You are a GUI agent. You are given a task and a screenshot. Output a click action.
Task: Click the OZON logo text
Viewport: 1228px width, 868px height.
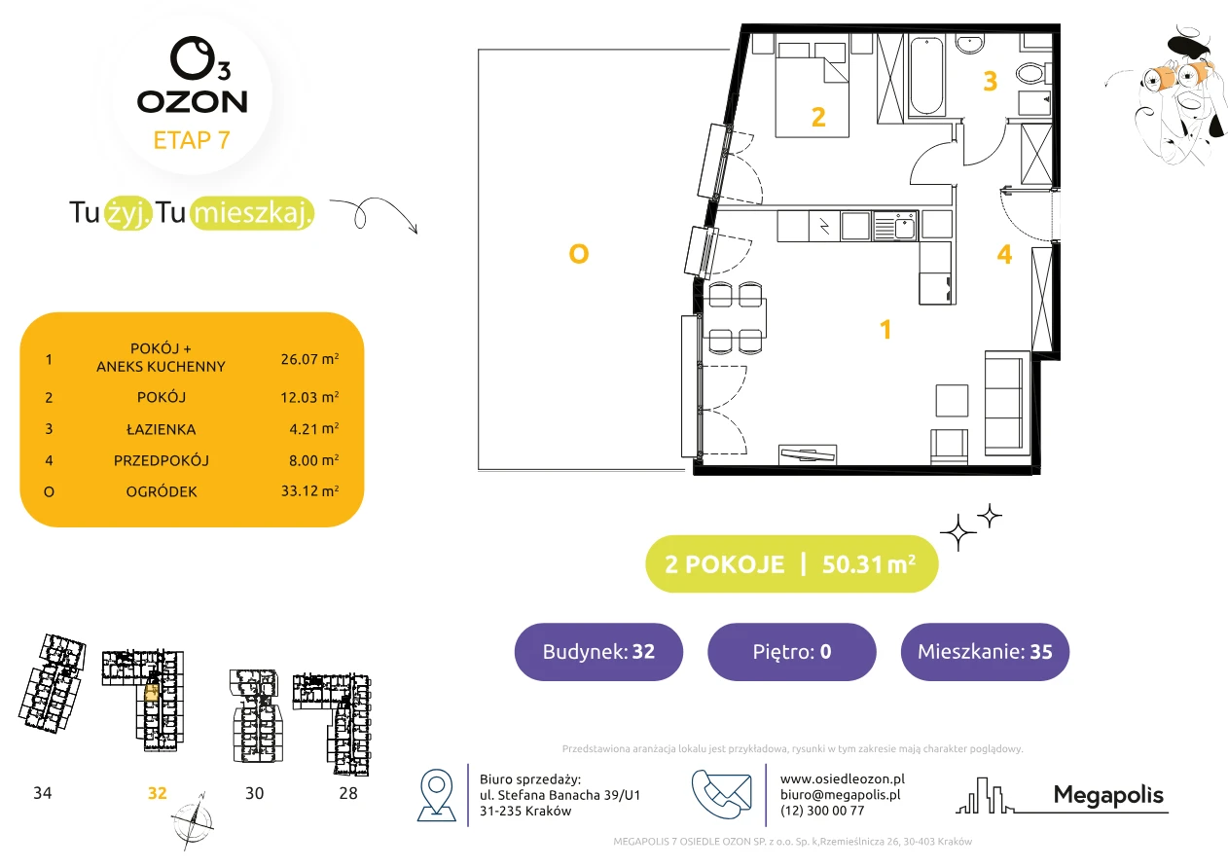click(x=192, y=102)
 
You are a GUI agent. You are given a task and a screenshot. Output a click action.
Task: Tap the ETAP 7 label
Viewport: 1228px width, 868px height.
click(x=192, y=140)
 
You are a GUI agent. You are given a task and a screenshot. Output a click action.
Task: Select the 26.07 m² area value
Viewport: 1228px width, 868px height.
click(x=309, y=359)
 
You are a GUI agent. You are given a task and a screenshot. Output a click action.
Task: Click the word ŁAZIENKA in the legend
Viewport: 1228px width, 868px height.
click(x=162, y=429)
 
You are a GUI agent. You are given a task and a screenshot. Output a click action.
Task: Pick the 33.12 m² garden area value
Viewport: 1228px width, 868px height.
click(x=309, y=490)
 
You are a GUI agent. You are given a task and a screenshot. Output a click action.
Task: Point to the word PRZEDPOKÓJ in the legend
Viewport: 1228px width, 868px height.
click(x=162, y=460)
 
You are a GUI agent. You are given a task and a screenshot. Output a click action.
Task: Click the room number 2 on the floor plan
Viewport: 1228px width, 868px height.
click(x=818, y=117)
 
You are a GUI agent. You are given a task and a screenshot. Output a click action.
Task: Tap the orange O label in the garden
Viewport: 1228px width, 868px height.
click(x=579, y=254)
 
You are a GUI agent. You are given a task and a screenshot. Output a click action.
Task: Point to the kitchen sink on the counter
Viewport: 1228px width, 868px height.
click(x=894, y=227)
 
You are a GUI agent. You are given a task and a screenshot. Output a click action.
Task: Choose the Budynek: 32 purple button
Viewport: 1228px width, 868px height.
click(x=598, y=651)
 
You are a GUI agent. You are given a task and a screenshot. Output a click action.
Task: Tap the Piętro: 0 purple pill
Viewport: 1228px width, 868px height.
click(x=792, y=651)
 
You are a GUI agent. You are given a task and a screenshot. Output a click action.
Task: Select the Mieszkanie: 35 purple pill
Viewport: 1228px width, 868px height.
click(x=985, y=651)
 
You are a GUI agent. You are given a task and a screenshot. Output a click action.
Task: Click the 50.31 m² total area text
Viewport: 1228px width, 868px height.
click(x=868, y=564)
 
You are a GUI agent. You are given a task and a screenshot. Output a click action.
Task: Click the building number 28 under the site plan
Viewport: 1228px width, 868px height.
click(x=348, y=793)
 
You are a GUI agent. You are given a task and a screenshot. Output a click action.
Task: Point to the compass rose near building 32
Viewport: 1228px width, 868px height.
click(x=193, y=821)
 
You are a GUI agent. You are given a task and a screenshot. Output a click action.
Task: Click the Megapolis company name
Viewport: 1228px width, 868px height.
click(x=1108, y=795)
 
